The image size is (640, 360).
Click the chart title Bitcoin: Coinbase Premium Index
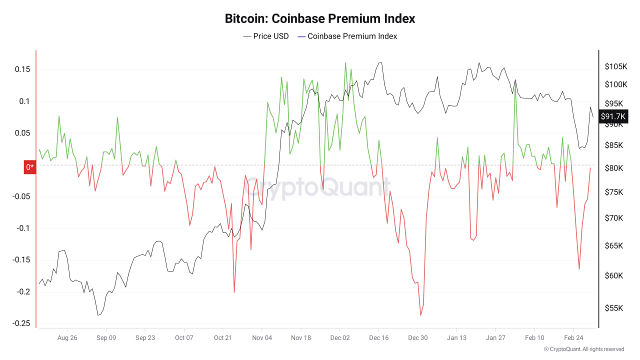[320, 19]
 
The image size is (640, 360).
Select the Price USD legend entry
[266, 36]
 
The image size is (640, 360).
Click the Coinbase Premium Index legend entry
[347, 36]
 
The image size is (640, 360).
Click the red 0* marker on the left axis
[30, 167]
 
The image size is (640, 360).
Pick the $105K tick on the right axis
[616, 66]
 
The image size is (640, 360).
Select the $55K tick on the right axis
[614, 308]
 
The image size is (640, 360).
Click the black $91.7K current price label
[613, 116]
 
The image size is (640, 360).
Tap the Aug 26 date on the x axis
[67, 338]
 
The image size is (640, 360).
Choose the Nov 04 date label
[262, 338]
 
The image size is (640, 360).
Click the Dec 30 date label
[418, 338]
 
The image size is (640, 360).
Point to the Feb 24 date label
[573, 338]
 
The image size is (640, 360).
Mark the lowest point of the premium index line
[420, 315]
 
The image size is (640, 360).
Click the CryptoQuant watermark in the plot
[318, 188]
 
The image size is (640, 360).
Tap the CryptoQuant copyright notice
[584, 349]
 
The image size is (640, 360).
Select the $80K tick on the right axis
[614, 168]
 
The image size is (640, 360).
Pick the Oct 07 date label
[184, 338]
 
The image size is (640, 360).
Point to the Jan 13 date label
[456, 338]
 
